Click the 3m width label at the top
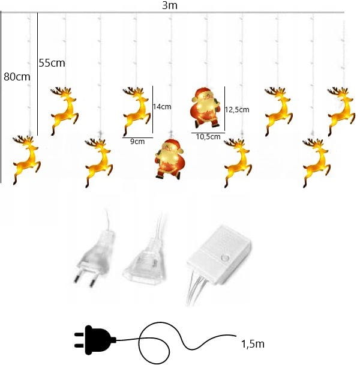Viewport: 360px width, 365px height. [169, 5]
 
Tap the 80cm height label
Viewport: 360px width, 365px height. [17, 77]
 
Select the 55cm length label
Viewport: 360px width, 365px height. [52, 63]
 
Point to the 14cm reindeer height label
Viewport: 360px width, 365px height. [162, 107]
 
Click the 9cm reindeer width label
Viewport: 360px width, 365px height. [137, 141]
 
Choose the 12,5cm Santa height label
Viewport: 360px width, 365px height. [237, 110]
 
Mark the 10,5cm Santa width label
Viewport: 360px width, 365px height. [208, 137]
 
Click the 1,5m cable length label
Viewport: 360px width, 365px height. [253, 344]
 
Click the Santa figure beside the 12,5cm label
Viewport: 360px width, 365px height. [205, 107]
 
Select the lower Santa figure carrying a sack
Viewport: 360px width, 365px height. [169, 159]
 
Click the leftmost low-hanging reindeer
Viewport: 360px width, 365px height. [26, 160]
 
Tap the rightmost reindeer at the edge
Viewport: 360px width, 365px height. [341, 111]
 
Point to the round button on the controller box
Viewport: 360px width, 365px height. [225, 258]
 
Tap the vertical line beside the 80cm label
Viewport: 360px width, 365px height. [1, 97]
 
